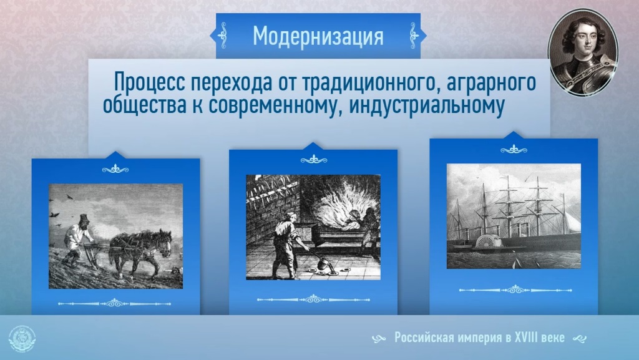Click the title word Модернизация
(x=318, y=36)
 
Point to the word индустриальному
(x=427, y=105)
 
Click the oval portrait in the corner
(x=582, y=52)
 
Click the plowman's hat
(x=84, y=219)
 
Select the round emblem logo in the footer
(x=22, y=338)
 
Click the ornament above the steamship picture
(x=514, y=150)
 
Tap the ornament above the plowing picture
(x=115, y=169)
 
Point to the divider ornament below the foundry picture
(x=313, y=299)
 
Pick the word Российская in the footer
(x=424, y=338)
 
